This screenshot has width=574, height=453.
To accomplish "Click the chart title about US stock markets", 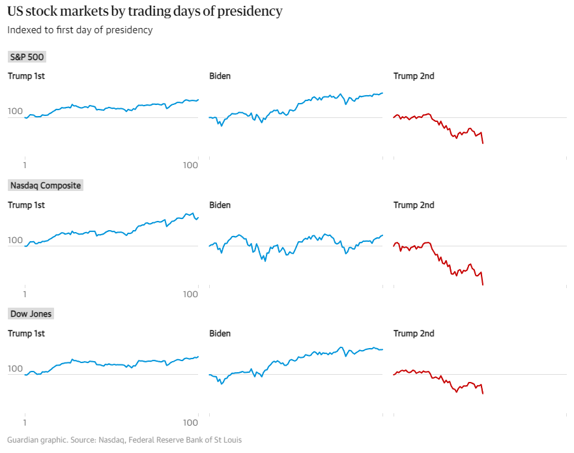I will (145, 12).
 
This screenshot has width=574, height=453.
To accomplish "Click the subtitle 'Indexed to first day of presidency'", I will (80, 30).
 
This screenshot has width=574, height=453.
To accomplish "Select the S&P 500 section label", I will (27, 57).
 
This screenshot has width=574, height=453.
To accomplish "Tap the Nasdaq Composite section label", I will (46, 186).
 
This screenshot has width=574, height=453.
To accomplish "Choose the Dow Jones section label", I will (31, 314).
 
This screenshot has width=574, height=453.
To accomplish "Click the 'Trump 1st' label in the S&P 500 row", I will (26, 76).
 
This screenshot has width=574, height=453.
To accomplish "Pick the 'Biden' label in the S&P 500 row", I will (220, 76).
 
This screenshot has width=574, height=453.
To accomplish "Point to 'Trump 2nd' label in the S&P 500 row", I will (414, 76).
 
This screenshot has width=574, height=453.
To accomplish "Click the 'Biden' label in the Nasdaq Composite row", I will (220, 205).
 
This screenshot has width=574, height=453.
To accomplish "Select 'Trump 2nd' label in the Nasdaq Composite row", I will (414, 205).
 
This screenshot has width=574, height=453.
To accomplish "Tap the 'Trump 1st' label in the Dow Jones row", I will (26, 334).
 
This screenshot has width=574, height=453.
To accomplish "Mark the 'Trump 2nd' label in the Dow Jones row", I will (414, 334).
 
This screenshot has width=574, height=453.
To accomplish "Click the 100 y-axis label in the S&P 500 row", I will (15, 112).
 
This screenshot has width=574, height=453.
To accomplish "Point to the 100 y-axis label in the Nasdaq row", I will (15, 241).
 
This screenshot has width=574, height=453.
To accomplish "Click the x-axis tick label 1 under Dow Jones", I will (25, 422).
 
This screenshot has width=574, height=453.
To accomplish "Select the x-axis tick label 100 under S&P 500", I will (190, 166).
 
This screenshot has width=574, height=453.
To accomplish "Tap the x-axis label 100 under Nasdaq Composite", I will (190, 294).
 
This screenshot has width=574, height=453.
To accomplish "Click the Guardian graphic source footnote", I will (124, 440).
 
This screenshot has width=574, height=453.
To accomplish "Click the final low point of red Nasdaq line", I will (483, 285).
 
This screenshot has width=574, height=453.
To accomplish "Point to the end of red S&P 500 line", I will (483, 143).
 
